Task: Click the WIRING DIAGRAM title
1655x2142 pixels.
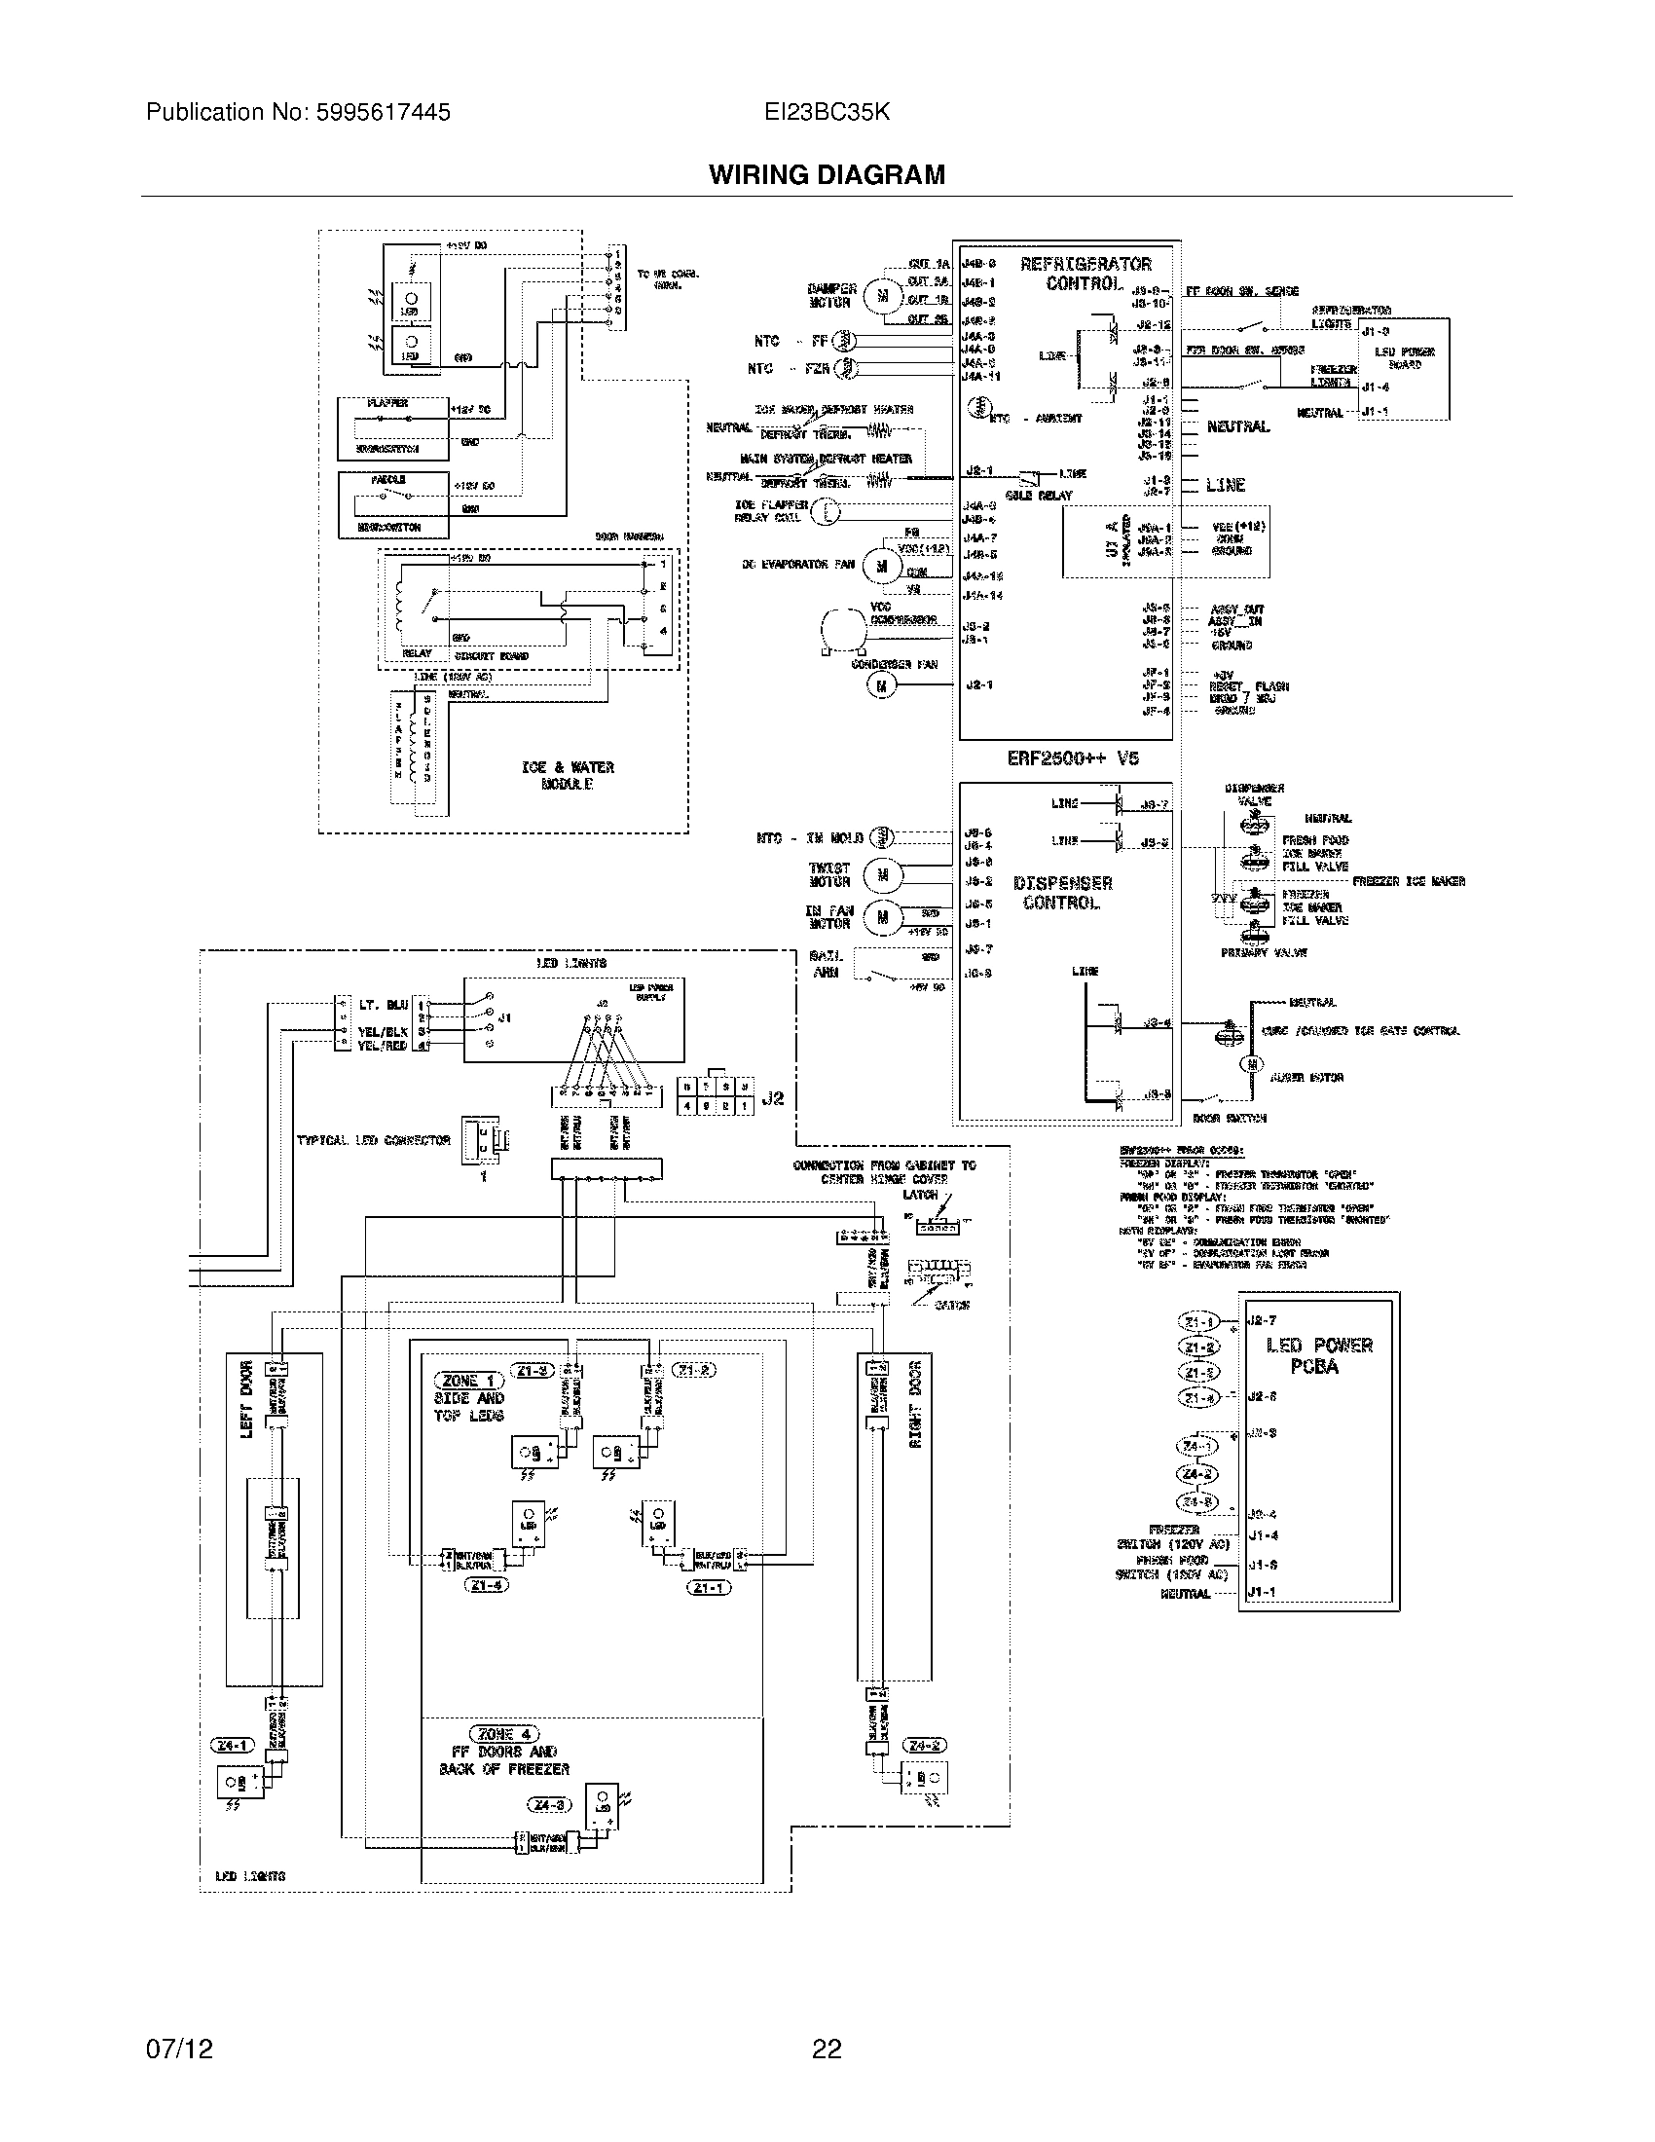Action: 827,175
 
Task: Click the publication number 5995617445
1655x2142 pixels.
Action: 383,113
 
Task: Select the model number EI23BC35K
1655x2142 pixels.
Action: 827,113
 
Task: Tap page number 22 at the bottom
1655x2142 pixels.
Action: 827,2049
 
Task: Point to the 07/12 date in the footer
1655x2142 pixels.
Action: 179,2049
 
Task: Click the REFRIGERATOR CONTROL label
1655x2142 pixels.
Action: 1085,274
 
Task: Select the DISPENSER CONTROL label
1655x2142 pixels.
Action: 1062,893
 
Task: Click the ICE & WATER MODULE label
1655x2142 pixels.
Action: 568,775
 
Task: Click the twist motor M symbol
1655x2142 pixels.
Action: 881,875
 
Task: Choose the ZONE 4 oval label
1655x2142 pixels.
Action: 504,1734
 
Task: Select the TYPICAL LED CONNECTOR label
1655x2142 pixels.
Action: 374,1141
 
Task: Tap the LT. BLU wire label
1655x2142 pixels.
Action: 384,1006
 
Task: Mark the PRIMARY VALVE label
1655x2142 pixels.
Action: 1263,952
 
